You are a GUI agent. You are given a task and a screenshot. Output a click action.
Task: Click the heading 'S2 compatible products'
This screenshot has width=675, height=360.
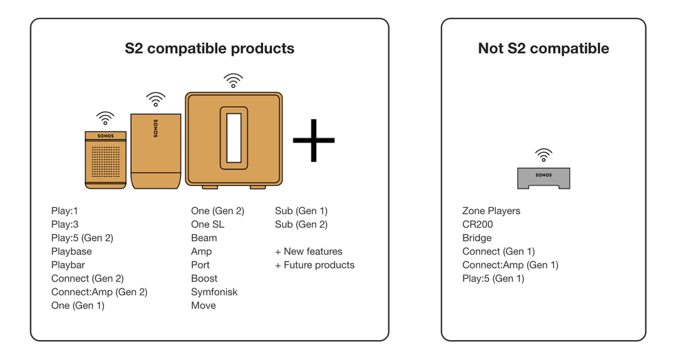pyautogui.click(x=209, y=49)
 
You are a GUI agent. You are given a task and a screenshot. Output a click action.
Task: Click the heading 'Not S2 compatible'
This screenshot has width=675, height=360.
pyautogui.click(x=543, y=49)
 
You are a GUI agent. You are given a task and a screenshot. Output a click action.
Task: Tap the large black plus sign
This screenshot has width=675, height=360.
pyautogui.click(x=313, y=140)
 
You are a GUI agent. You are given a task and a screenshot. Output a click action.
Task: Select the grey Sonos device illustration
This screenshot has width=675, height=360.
pyautogui.click(x=543, y=178)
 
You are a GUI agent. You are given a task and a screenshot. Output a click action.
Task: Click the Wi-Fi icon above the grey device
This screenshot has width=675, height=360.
pyautogui.click(x=543, y=154)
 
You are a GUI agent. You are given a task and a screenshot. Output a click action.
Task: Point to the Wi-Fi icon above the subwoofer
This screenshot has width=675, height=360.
pyautogui.click(x=233, y=81)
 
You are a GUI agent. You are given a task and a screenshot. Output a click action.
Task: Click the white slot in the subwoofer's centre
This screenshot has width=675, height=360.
pyautogui.click(x=233, y=138)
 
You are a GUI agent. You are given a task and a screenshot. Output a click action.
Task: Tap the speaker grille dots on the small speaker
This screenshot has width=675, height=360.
pyautogui.click(x=105, y=161)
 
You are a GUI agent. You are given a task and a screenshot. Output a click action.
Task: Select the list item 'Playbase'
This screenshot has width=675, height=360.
pyautogui.click(x=71, y=251)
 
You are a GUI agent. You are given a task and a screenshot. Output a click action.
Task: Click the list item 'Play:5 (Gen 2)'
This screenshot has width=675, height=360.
pyautogui.click(x=82, y=238)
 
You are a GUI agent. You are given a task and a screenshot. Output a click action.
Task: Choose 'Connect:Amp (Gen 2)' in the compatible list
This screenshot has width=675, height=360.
pyautogui.click(x=99, y=292)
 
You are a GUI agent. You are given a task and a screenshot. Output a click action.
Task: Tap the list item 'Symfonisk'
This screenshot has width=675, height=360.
pyautogui.click(x=214, y=292)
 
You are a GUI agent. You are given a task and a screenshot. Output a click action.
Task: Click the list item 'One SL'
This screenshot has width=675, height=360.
pyautogui.click(x=207, y=224)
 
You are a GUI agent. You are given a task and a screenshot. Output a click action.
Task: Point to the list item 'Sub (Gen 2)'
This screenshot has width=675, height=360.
pyautogui.click(x=301, y=224)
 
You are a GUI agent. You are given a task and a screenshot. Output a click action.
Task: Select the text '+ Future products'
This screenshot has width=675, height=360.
pyautogui.click(x=314, y=265)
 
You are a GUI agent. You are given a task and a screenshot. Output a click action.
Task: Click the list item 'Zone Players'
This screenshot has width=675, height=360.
pyautogui.click(x=491, y=211)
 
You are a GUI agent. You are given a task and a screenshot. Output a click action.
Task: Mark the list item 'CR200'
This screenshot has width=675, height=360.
pyautogui.click(x=477, y=224)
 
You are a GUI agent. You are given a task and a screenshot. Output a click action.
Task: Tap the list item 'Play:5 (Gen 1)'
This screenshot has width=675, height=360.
pyautogui.click(x=493, y=278)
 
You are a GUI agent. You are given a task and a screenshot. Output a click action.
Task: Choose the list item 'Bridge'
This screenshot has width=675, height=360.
pyautogui.click(x=477, y=238)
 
